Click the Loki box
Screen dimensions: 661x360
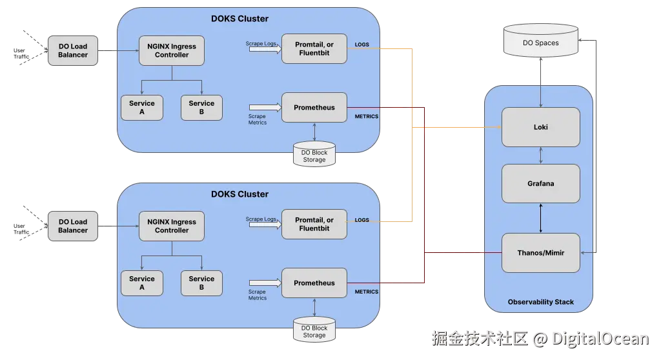[x=540, y=127]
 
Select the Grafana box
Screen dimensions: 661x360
[x=540, y=183]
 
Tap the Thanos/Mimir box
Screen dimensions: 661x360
[x=540, y=252]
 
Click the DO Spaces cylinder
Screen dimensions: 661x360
[x=541, y=41]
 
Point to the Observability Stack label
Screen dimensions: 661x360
[x=540, y=302]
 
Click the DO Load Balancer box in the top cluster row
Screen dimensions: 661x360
[x=73, y=50]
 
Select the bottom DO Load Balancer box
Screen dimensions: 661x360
[x=73, y=226]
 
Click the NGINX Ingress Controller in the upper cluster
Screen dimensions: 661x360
[x=172, y=50]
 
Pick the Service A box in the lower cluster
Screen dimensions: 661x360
[x=141, y=283]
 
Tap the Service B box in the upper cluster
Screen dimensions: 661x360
[x=201, y=108]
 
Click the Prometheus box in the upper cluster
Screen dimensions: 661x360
[x=314, y=108]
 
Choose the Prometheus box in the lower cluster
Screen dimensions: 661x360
[x=314, y=283]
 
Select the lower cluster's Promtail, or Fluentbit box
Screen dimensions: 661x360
[x=314, y=225]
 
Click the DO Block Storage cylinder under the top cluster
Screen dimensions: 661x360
[x=314, y=154]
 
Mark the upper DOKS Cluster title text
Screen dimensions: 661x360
[x=239, y=19]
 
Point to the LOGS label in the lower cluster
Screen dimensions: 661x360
[x=361, y=220]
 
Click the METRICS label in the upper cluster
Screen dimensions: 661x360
[x=367, y=116]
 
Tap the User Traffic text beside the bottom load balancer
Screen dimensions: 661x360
[x=21, y=229]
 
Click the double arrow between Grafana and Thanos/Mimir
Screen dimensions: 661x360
[x=541, y=218]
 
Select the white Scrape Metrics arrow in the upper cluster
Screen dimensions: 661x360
[x=265, y=107]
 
